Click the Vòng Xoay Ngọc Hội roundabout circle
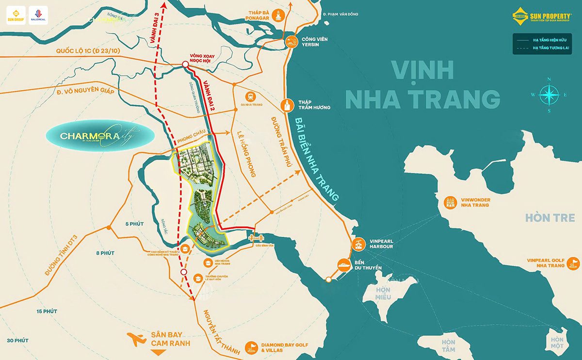pos(185,65)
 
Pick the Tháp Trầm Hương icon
pos(287,104)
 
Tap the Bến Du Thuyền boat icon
pos(343,264)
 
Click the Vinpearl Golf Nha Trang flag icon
pos(573,262)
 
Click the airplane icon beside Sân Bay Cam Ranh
pos(137,339)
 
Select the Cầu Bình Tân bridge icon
pos(255,237)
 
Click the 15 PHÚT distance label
pos(47,311)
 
